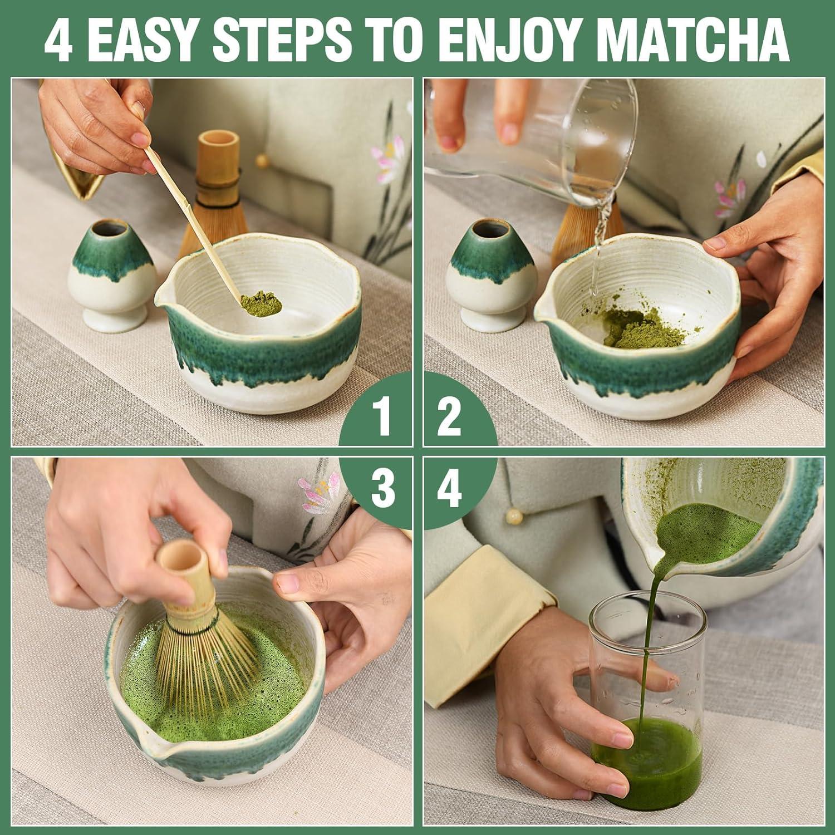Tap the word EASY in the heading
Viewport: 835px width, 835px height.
click(145, 40)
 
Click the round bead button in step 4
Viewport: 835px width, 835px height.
click(511, 517)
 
